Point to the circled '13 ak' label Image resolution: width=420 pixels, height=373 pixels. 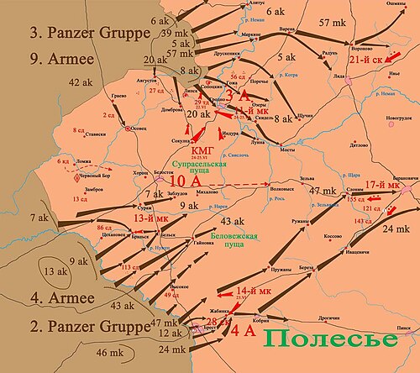click(55, 271)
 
